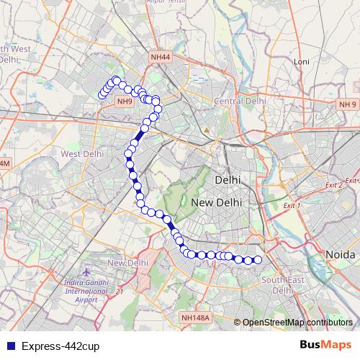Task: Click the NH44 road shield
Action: [x=161, y=57]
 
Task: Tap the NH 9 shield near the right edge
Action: [x=347, y=105]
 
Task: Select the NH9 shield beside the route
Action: [x=125, y=102]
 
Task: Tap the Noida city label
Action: [x=341, y=255]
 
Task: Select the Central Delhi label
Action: [x=240, y=102]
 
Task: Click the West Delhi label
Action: [x=83, y=153]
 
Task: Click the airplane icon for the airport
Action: [x=87, y=274]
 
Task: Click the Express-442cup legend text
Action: [x=60, y=346]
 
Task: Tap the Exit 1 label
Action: [x=291, y=206]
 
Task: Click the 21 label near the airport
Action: [x=120, y=291]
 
